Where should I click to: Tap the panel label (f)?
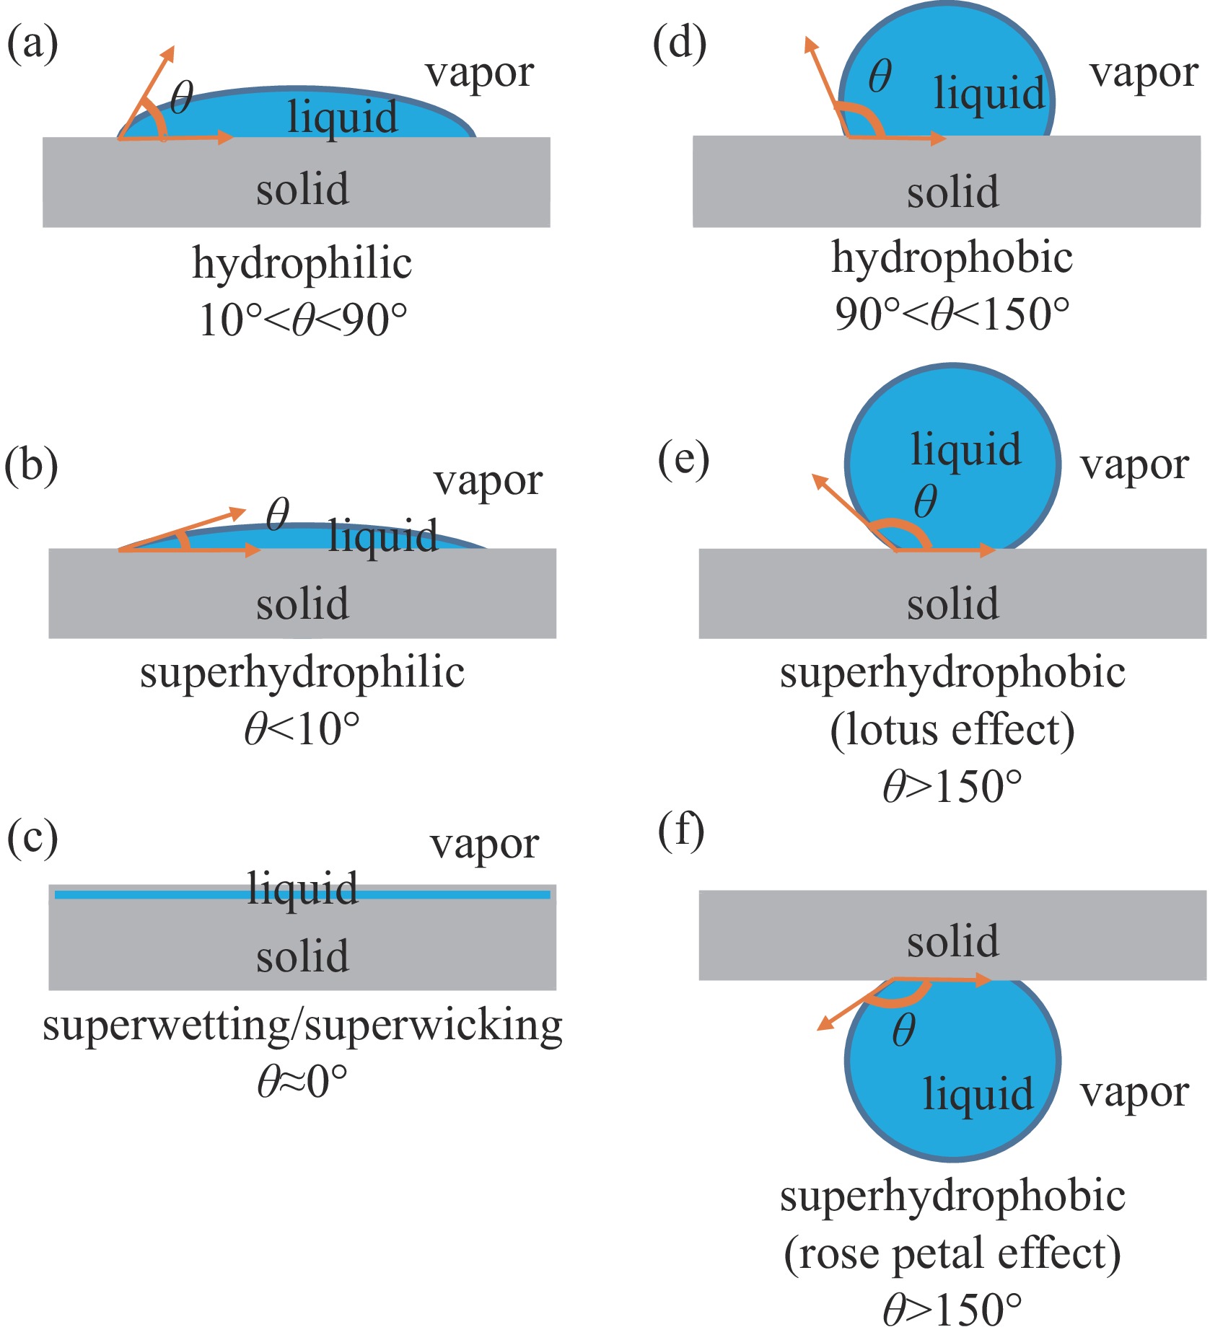click(680, 832)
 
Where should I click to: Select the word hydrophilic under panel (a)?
click(302, 264)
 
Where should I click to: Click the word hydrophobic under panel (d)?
click(952, 258)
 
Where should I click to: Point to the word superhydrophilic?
click(302, 674)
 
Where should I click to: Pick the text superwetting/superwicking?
click(302, 1026)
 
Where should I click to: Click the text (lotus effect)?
click(952, 730)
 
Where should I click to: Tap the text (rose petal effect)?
click(952, 1254)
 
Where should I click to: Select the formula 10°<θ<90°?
click(303, 320)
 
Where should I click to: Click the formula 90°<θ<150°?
click(952, 314)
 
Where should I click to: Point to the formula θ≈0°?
click(302, 1083)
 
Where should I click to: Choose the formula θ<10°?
click(302, 729)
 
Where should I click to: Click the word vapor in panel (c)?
click(484, 845)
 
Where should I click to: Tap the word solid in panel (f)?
click(952, 942)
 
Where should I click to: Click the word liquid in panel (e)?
click(965, 450)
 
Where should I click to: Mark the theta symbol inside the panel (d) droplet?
click(880, 76)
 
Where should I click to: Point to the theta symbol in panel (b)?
click(277, 514)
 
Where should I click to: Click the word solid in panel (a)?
click(302, 189)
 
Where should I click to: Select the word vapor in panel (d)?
click(1144, 74)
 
